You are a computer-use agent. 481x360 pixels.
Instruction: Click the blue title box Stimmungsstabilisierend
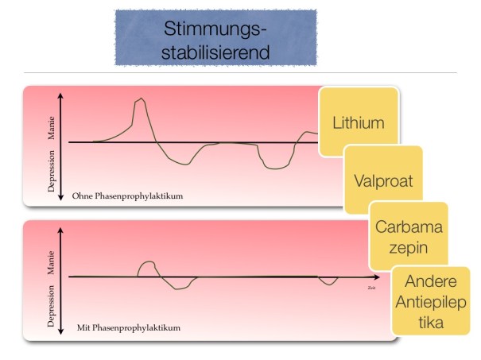point(215,38)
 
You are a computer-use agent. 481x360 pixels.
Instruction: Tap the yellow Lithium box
point(358,122)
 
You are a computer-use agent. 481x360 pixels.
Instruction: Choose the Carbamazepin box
point(408,234)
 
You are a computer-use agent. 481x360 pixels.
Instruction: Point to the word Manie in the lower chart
point(51,260)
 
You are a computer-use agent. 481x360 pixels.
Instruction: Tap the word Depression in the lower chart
point(51,306)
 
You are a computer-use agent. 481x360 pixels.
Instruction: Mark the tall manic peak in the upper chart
point(142,99)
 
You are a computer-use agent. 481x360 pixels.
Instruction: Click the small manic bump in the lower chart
point(147,262)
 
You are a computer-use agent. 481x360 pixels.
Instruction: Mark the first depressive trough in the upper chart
point(182,164)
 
